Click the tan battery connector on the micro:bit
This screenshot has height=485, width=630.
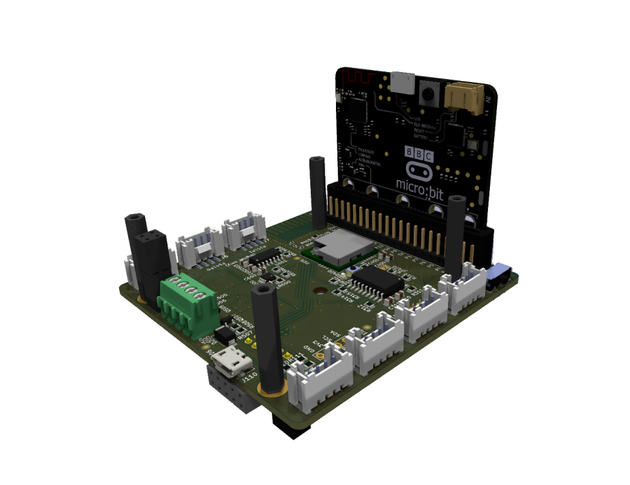click(x=463, y=94)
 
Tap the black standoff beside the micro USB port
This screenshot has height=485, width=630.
click(x=268, y=336)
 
